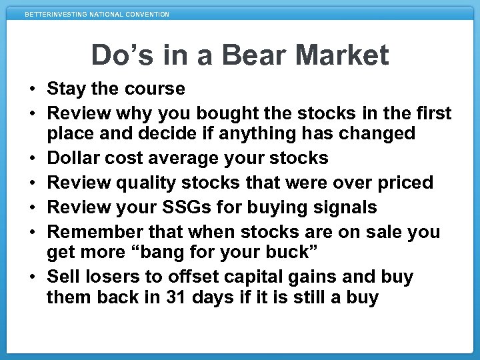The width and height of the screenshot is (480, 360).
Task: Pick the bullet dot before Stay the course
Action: coord(31,89)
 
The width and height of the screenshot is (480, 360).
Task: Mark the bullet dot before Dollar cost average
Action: coord(31,159)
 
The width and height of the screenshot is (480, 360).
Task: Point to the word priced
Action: coord(412,183)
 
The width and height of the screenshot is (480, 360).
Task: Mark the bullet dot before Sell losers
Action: coord(31,277)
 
